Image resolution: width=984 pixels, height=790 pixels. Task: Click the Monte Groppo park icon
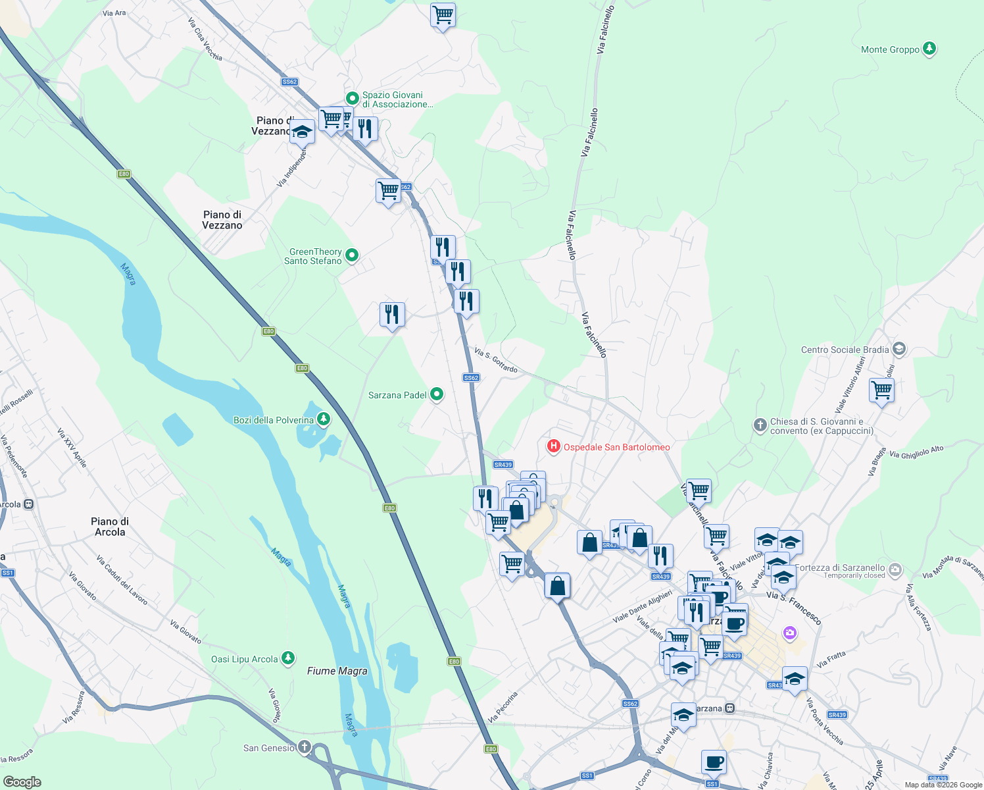929,49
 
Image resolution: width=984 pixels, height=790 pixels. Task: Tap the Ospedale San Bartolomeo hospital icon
554,447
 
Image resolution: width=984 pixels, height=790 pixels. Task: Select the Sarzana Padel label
397,395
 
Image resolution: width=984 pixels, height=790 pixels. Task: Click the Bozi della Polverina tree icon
323,419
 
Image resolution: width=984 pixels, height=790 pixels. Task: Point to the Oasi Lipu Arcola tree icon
287,658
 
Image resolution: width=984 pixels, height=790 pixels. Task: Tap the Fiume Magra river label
337,671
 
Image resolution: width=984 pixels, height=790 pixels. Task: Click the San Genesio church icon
304,747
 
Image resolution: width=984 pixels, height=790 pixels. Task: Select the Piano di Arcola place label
110,527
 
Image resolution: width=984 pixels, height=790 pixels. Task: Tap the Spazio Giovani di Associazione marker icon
352,99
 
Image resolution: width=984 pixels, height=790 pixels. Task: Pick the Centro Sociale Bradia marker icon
899,350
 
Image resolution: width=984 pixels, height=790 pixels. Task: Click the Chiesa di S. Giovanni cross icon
760,425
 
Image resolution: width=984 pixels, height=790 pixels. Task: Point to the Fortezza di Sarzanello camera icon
895,569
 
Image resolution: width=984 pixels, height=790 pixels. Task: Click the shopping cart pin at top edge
443,14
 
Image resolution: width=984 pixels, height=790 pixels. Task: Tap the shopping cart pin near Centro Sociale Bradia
881,390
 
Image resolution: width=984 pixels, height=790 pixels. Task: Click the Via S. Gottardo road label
496,361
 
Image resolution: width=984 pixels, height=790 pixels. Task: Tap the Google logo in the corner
22,781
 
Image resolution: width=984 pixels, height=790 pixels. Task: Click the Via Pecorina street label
503,706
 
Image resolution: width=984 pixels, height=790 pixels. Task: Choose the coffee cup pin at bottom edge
714,762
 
